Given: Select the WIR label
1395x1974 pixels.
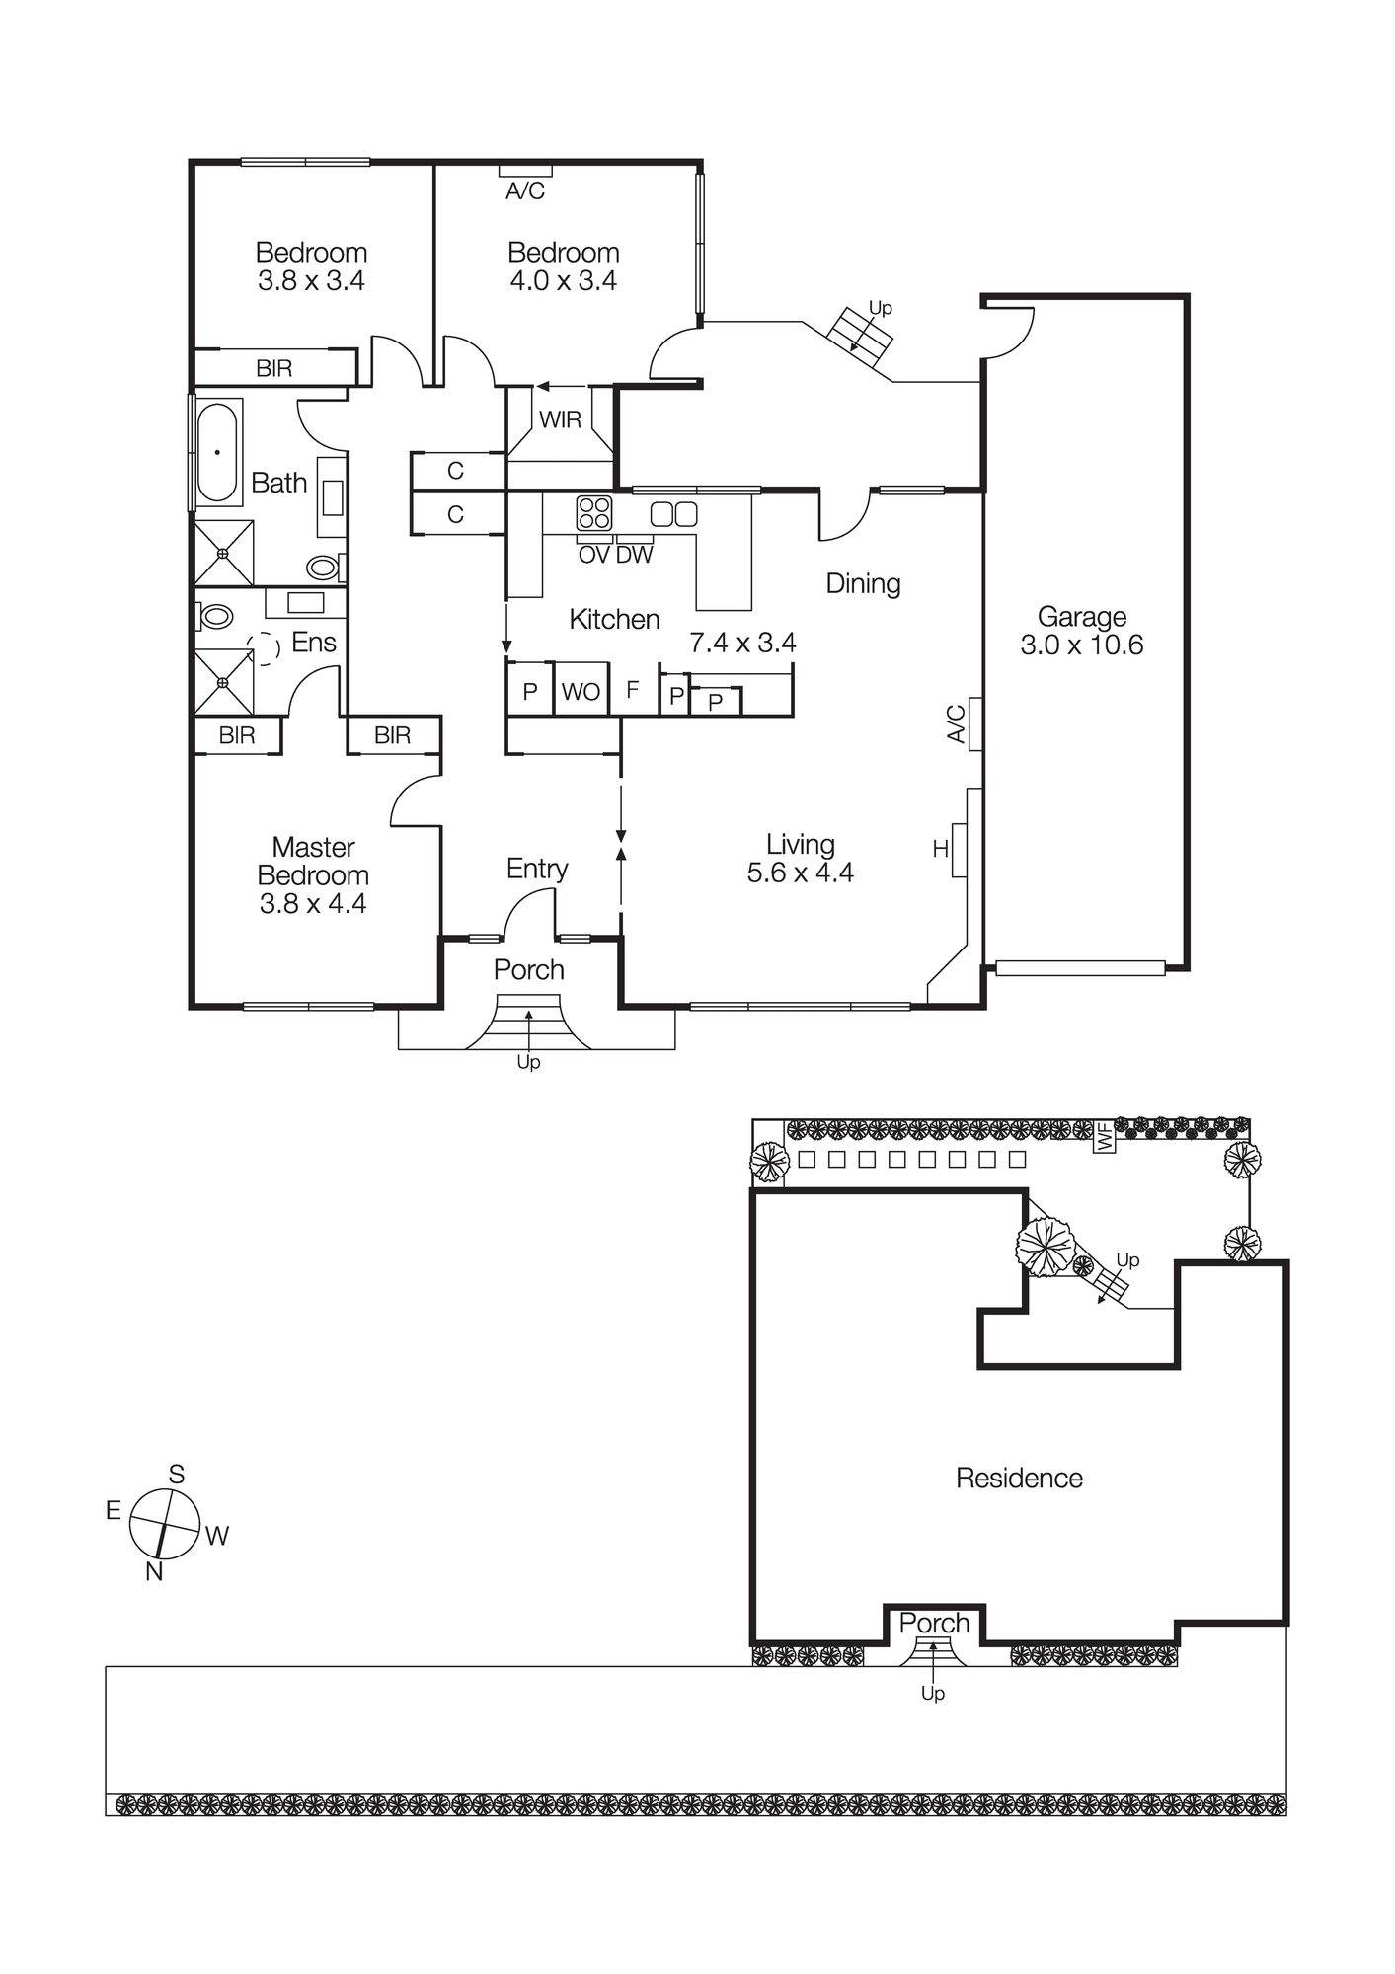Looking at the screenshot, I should [560, 420].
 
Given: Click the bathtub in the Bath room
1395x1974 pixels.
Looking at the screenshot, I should [218, 452].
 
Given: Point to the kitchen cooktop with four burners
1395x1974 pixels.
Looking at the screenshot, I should [594, 513].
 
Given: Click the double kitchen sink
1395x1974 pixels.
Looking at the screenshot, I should [673, 513].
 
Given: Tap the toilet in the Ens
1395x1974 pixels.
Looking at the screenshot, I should [214, 617].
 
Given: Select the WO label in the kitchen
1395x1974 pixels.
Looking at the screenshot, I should [581, 692].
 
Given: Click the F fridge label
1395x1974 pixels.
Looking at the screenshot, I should [633, 689].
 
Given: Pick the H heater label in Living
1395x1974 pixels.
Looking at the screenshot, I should [940, 848].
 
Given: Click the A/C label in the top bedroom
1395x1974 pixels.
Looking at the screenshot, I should [525, 191].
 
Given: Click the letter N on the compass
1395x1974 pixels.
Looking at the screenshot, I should [154, 1571].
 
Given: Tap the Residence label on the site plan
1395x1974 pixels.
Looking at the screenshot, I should [1019, 1478].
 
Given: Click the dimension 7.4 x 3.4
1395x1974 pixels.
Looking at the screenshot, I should [742, 643].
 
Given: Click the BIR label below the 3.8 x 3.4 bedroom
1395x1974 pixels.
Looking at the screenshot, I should [273, 368].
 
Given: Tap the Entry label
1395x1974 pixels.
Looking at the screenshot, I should [537, 869].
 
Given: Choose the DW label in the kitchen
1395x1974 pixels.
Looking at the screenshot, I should [634, 555].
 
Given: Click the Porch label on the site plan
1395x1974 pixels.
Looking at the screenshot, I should [934, 1623].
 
